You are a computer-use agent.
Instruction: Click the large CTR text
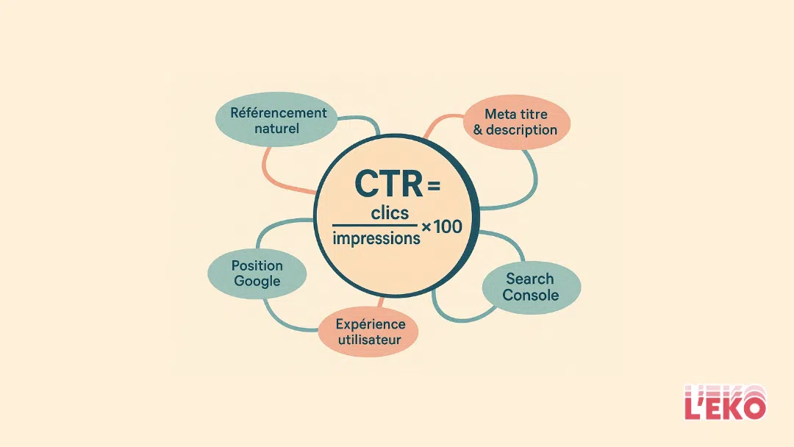point(389,184)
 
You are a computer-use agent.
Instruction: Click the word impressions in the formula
point(376,237)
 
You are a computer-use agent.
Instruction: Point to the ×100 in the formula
point(442,227)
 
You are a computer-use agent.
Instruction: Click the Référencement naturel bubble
point(277,121)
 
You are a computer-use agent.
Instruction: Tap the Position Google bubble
point(257,273)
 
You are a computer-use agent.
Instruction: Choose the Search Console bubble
point(531,287)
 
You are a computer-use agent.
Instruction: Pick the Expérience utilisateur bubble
point(368,332)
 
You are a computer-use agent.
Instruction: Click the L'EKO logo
point(725,403)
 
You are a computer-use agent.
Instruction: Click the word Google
point(257,281)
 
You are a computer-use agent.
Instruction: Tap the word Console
point(531,296)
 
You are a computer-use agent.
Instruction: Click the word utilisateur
point(368,340)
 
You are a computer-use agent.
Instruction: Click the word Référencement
point(278,112)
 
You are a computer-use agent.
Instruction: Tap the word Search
point(530,279)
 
